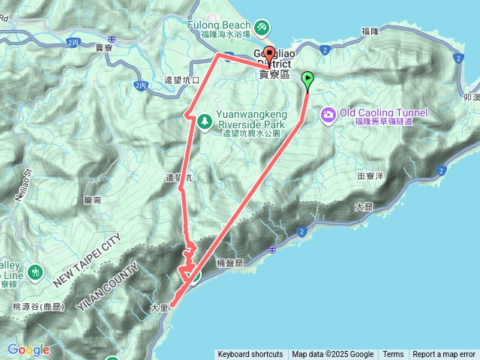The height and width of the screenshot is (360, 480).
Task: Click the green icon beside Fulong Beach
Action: tap(261, 28)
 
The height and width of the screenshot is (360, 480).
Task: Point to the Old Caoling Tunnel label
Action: tap(383, 113)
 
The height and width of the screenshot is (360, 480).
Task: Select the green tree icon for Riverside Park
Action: tap(204, 120)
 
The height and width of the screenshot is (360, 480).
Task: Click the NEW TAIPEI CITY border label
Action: tap(87, 261)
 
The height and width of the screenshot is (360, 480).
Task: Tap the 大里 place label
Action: tap(160, 307)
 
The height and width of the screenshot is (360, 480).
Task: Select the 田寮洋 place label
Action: tap(370, 175)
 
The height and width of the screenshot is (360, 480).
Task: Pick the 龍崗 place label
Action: tap(93, 200)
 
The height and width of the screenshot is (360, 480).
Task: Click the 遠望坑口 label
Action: tap(181, 80)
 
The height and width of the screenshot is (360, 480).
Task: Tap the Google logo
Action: tap(28, 349)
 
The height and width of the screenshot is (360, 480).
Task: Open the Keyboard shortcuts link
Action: tap(250, 355)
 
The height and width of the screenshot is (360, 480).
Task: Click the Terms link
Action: tap(393, 355)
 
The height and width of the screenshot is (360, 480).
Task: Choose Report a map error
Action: tap(445, 355)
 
